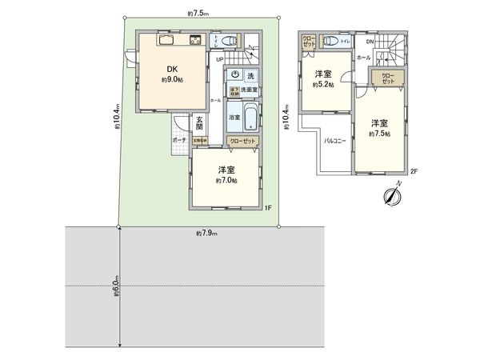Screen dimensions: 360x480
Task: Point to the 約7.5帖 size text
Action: tap(380, 134)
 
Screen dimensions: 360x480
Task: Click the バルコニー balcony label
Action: tap(334, 139)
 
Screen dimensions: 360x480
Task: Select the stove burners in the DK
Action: tap(195, 41)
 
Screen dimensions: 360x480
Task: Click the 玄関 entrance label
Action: tap(199, 124)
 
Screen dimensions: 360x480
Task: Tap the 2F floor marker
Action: tap(414, 171)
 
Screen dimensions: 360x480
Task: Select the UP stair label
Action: tap(219, 58)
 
